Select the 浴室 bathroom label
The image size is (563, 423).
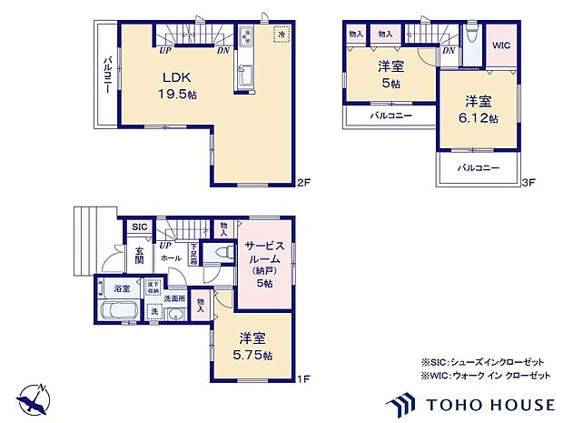point(121,288)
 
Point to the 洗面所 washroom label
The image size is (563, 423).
point(174,298)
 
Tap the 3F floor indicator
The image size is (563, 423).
point(528,183)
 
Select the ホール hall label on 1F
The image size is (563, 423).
point(171,258)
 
